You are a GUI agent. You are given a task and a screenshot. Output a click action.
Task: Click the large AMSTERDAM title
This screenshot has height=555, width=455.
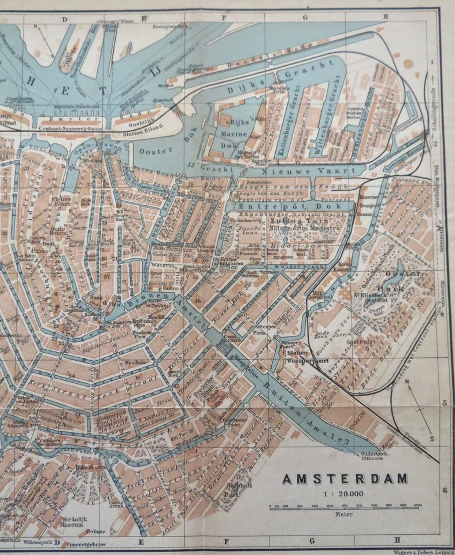click(x=345, y=479)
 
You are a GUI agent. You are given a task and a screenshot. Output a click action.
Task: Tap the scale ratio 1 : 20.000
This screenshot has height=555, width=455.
click(x=345, y=493)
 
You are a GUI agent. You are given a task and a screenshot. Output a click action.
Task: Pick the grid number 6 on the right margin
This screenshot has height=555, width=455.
click(x=445, y=490)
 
